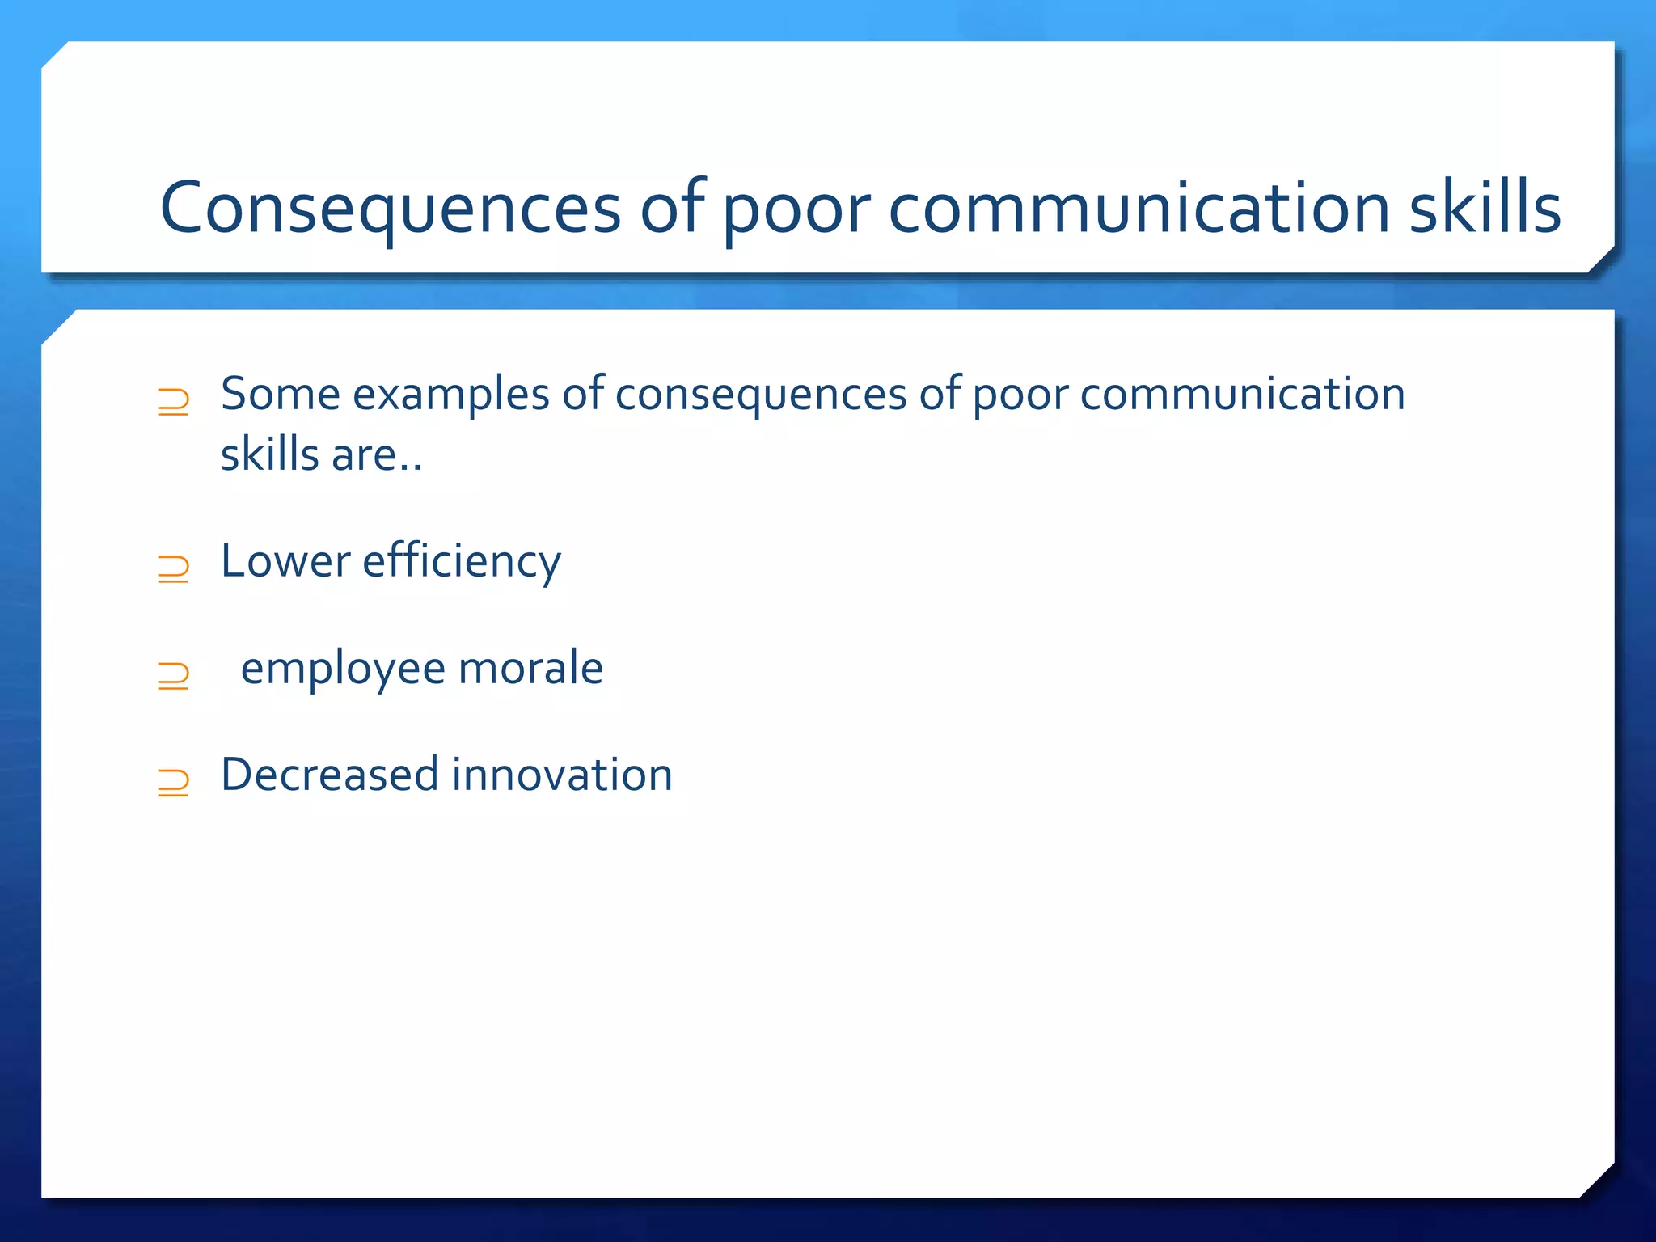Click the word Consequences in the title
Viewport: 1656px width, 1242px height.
391,208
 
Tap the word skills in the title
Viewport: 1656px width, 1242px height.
1485,208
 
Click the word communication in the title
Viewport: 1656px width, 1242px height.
1138,208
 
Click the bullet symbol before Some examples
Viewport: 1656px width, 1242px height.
174,402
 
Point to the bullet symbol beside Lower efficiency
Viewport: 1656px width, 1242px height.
174,568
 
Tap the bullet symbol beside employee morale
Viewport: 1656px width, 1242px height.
174,675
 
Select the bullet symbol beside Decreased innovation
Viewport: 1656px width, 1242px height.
174,782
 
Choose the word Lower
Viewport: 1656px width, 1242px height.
285,561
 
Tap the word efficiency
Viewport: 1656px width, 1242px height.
461,563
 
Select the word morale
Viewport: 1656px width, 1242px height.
530,669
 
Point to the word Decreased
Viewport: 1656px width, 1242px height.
329,775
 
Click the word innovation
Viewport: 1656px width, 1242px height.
562,775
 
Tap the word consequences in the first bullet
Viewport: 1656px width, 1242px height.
761,396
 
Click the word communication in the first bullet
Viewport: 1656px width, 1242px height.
1242,395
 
